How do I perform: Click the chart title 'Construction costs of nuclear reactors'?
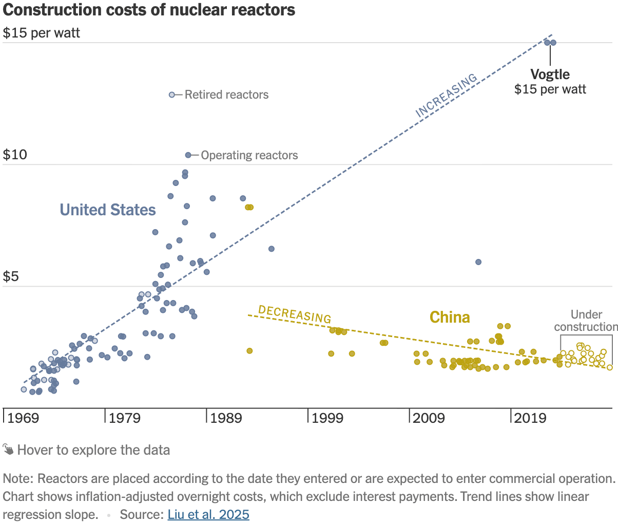coord(149,10)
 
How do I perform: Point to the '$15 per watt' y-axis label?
coord(42,33)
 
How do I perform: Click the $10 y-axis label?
coord(15,155)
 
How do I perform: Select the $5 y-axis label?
coord(11,277)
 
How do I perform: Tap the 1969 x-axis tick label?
coord(23,418)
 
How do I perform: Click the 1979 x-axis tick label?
coord(125,418)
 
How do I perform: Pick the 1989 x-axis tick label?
coord(226,418)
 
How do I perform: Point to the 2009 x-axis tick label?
coord(429,418)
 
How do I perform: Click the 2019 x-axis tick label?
coord(531,418)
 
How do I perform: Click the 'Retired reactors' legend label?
coord(226,95)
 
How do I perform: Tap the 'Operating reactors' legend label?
coord(249,155)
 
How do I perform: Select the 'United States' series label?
coord(108,210)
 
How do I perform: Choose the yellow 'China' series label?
coord(450,318)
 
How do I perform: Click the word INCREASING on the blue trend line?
coord(446,95)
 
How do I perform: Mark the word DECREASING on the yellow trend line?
coord(295,314)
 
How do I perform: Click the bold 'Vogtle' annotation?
coord(550,74)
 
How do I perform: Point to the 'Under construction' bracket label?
coord(586,321)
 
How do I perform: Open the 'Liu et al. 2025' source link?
coord(208,514)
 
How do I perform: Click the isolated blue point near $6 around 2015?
coord(478,262)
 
